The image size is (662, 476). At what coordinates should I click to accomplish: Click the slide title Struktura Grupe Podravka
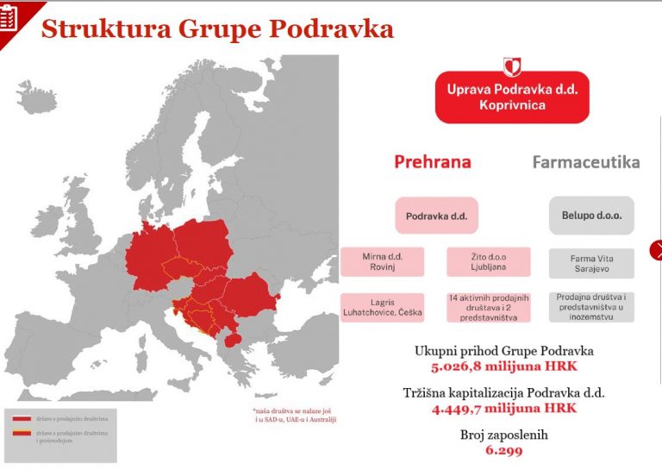217,28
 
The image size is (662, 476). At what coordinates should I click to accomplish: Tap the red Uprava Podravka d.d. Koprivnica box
512,97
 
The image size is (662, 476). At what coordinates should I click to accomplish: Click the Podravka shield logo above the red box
512,67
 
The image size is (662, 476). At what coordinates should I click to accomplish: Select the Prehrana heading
433,161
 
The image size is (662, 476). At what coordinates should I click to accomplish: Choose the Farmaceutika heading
585,162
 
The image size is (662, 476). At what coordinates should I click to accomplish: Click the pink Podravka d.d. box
436,216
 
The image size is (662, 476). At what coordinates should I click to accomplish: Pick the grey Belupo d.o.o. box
591,216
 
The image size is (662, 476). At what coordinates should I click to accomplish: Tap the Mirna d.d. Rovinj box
383,261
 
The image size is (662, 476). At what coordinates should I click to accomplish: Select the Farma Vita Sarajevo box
591,264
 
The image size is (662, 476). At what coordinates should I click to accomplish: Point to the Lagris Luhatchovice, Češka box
383,307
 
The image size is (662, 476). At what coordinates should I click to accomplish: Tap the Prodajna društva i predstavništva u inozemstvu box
591,307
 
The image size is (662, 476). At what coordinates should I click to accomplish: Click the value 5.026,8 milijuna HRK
504,366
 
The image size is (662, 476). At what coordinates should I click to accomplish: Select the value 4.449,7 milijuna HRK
504,408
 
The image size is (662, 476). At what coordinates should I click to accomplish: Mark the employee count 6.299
504,450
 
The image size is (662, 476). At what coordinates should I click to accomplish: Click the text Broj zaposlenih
504,435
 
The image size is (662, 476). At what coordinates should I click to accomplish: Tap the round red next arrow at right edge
656,251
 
